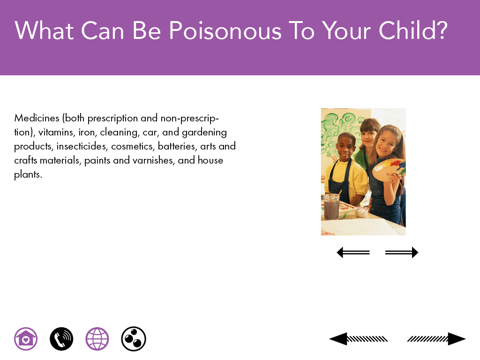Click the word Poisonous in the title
tap(225, 30)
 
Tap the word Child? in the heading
tap(413, 30)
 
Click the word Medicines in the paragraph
tap(37, 118)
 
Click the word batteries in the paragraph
tap(177, 146)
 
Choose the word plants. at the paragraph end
tap(28, 174)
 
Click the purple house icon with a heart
tap(26, 339)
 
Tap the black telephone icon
tap(61, 339)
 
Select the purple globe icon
tap(97, 339)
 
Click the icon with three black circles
tap(134, 339)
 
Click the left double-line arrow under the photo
tap(353, 253)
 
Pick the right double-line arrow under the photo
tap(402, 253)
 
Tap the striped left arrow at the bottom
tap(358, 339)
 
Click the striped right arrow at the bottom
tap(436, 339)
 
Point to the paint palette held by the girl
tap(389, 170)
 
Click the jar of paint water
tap(331, 207)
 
